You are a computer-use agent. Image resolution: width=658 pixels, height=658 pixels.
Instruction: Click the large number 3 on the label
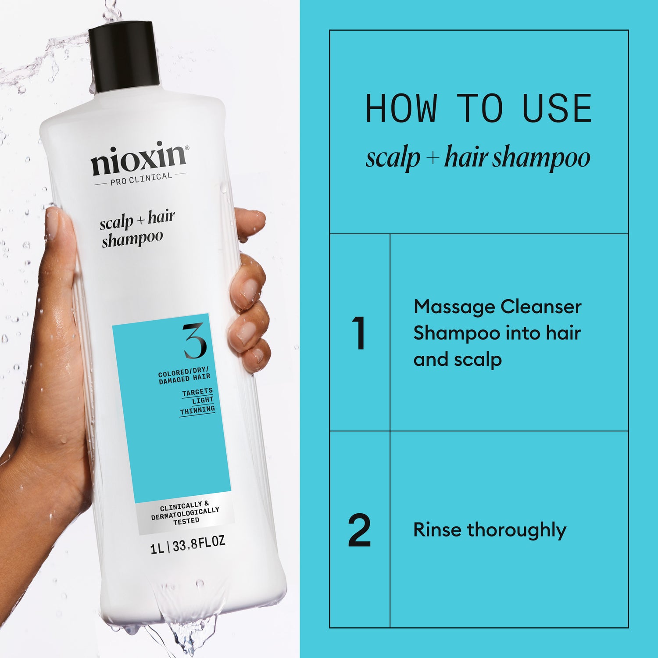[194, 341]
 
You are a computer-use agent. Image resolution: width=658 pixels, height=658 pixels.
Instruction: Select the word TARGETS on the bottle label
[197, 392]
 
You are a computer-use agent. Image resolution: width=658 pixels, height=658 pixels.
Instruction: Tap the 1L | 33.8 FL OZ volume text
[187, 545]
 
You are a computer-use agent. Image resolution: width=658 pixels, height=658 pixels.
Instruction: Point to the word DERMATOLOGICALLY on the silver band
[185, 514]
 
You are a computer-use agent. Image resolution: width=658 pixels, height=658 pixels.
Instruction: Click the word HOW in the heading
[401, 108]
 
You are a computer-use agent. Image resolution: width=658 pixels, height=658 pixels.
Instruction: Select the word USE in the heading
[557, 108]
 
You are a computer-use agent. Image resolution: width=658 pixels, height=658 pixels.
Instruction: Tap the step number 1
[359, 333]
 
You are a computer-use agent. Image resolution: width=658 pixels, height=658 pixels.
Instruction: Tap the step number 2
[359, 530]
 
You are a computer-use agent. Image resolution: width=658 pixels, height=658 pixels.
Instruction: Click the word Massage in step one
[453, 307]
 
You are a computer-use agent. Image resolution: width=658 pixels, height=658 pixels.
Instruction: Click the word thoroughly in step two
[516, 530]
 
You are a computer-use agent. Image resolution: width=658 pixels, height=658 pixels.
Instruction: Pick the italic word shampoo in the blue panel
[541, 158]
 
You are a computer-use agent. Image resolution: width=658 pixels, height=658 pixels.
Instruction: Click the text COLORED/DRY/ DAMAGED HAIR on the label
[184, 376]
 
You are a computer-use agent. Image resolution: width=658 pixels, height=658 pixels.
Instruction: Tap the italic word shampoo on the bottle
[132, 240]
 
